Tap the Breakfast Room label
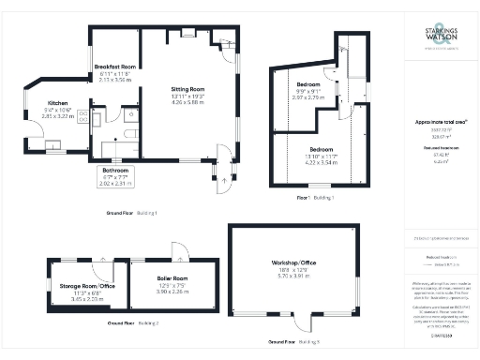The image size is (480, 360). [x=116, y=67]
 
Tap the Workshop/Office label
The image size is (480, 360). [x=294, y=262]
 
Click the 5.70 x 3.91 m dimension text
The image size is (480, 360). [x=294, y=277]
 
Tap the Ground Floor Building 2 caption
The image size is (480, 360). [x=134, y=322]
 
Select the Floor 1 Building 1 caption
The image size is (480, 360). [x=316, y=198]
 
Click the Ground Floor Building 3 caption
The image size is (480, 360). [x=294, y=342]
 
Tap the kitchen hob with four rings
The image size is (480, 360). [x=82, y=116]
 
